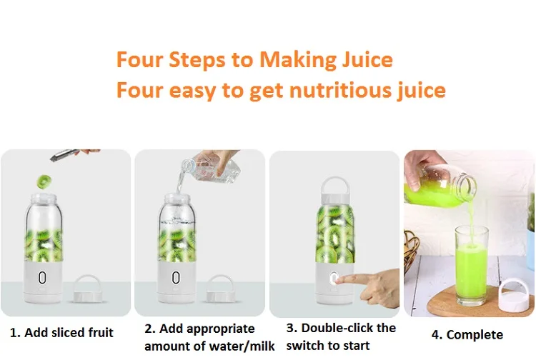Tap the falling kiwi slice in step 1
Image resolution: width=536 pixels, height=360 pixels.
point(44,181)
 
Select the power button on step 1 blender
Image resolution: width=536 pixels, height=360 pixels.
point(41,278)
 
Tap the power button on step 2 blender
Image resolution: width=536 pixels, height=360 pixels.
point(175,278)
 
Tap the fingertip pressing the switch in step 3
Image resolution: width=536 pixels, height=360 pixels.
point(339,280)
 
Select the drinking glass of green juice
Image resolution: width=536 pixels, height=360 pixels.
point(472,265)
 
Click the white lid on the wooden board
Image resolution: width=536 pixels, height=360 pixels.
point(514,296)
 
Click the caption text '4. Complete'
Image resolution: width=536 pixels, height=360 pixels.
point(467,334)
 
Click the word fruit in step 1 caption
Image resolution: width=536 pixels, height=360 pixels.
point(101,332)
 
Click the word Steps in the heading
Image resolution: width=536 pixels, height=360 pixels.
point(197,61)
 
